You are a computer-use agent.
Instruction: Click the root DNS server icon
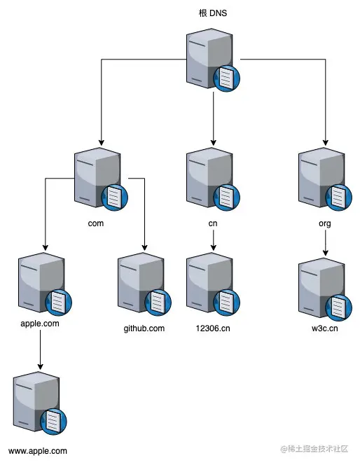(212, 62)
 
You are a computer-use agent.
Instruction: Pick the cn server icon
(212, 178)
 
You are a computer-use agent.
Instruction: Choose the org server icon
(323, 178)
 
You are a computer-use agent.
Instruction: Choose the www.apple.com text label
(38, 451)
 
